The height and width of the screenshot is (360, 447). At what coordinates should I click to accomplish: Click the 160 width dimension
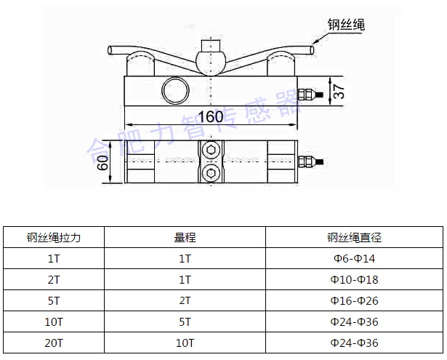pos(210,116)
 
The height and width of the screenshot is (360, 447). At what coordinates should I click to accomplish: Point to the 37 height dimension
pos(340,91)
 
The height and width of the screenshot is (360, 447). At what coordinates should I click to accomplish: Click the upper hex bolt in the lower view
pos(211,151)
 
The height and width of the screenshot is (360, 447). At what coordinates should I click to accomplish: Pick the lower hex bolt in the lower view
pos(211,172)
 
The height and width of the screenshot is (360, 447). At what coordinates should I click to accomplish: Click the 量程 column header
pos(185,237)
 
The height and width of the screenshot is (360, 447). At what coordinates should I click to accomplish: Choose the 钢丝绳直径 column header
pos(354,237)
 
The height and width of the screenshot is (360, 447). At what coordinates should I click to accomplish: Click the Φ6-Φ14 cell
pos(354,258)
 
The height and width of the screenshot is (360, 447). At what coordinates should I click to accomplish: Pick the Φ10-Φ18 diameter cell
pos(354,279)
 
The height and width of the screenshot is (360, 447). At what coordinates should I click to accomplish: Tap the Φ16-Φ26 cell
pos(354,300)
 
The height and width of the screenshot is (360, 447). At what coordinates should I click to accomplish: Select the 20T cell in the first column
pos(54,342)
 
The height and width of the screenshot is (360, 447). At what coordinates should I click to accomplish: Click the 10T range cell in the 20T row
pos(185,342)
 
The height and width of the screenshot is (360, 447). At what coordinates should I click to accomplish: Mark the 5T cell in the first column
pos(54,300)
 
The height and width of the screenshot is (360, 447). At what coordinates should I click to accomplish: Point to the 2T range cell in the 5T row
pos(185,300)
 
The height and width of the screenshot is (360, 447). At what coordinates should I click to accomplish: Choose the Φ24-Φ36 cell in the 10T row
pos(354,321)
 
